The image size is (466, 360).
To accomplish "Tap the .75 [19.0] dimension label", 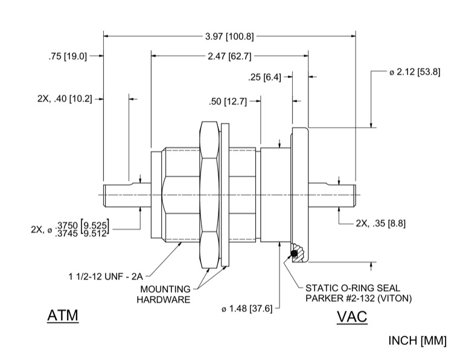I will tap(68, 56).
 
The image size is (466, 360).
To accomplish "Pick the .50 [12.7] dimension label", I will tap(228, 101).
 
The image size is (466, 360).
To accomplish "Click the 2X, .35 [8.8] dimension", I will tap(380, 223).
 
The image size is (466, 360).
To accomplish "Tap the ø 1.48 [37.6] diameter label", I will tap(248, 309).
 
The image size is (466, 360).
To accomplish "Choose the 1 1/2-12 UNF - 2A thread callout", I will tap(105, 277).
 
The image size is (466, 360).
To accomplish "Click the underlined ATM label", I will tap(63, 316).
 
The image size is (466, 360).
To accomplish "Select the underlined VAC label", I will tap(351, 317).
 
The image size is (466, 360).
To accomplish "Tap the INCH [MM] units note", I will tap(417, 341).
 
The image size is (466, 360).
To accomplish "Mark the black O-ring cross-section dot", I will tap(295, 254).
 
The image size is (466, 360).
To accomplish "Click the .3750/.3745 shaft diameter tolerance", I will tap(81, 228).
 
